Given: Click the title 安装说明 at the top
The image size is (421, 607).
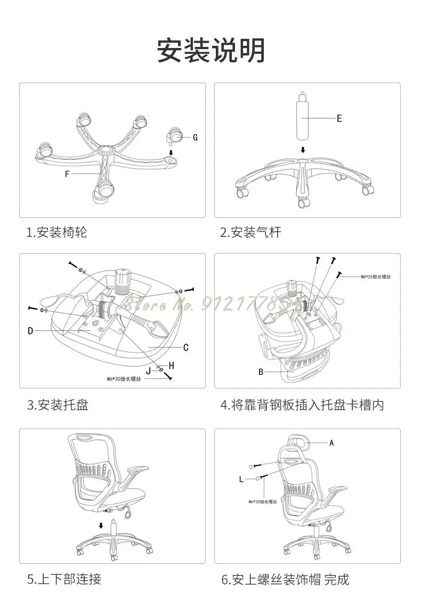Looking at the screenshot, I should click(x=210, y=51).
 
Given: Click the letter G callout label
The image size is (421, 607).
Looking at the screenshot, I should click(x=196, y=137).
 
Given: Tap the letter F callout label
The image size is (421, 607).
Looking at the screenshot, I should click(x=67, y=174).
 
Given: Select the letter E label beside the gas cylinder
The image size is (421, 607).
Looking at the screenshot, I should click(x=339, y=118).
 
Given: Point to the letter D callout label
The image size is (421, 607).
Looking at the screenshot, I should click(x=30, y=331).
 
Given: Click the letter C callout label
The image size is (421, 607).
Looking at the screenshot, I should click(x=186, y=348).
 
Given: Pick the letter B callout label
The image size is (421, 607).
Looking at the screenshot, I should click(x=261, y=372).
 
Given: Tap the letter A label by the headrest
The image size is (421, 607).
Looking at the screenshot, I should click(x=331, y=443).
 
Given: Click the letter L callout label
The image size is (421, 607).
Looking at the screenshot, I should click(x=241, y=479).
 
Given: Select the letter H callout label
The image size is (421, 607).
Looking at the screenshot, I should click(x=172, y=366).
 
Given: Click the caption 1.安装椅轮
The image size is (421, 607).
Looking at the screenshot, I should click(x=57, y=232).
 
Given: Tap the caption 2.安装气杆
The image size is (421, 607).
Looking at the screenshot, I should click(x=250, y=232).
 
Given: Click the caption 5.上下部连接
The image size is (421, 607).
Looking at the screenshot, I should click(x=64, y=578).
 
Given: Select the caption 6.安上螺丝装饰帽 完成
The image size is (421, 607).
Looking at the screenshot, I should click(x=285, y=579).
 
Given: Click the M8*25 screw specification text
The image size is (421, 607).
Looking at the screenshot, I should click(x=376, y=277).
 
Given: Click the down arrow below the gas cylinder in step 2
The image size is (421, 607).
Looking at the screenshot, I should click(x=303, y=150).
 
